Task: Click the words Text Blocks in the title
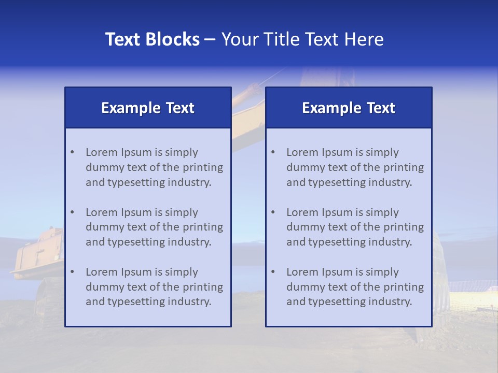pyautogui.click(x=153, y=39)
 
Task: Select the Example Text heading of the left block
pyautogui.click(x=148, y=108)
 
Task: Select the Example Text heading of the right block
pyautogui.click(x=349, y=108)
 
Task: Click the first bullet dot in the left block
pyautogui.click(x=72, y=152)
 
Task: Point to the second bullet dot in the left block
pyautogui.click(x=72, y=212)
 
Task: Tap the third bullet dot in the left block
pyautogui.click(x=72, y=272)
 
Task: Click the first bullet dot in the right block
pyautogui.click(x=273, y=152)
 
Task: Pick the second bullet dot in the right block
pyautogui.click(x=273, y=212)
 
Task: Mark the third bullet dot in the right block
pyautogui.click(x=273, y=272)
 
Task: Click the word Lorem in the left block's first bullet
pyautogui.click(x=102, y=152)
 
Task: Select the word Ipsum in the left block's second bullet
pyautogui.click(x=136, y=212)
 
